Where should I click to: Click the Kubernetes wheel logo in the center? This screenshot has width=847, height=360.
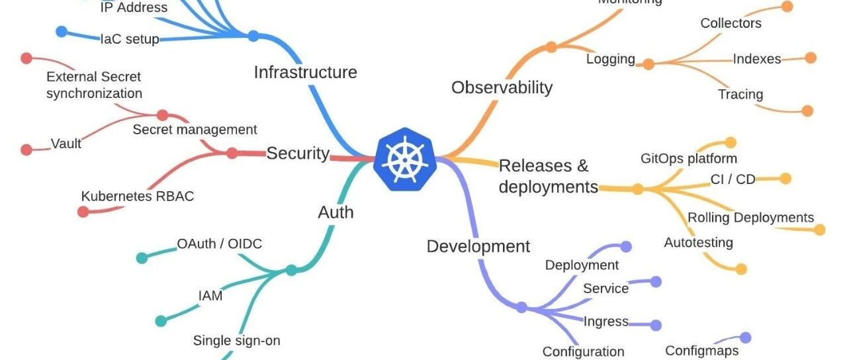[x=405, y=160]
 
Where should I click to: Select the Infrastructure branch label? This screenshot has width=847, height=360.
[x=305, y=72]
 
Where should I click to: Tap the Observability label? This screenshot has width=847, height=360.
[x=502, y=87]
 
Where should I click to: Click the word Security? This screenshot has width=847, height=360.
[x=298, y=154]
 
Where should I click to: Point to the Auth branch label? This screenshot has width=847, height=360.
[x=335, y=212]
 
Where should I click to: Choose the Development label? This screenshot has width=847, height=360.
[x=478, y=247]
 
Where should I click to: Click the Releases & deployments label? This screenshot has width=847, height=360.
[x=548, y=176]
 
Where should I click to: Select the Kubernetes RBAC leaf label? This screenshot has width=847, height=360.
[x=138, y=197]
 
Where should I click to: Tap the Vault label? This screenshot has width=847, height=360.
[x=66, y=144]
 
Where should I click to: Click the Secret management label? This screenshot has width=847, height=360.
[x=195, y=130]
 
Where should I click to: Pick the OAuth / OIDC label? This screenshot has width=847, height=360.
[x=219, y=244]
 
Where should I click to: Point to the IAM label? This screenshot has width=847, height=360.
[x=210, y=296]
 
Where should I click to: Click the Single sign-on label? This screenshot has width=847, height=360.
[x=236, y=341]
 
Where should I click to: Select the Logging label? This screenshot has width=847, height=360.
[x=610, y=59]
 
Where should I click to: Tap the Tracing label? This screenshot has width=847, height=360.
[x=740, y=95]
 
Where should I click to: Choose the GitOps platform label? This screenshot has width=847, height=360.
[x=688, y=159]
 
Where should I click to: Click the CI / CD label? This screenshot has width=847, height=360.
[x=732, y=179]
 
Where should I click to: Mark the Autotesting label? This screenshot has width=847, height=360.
[x=698, y=243]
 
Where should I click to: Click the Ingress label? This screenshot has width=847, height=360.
[x=605, y=322]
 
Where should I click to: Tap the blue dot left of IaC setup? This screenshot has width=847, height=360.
[x=62, y=32]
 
